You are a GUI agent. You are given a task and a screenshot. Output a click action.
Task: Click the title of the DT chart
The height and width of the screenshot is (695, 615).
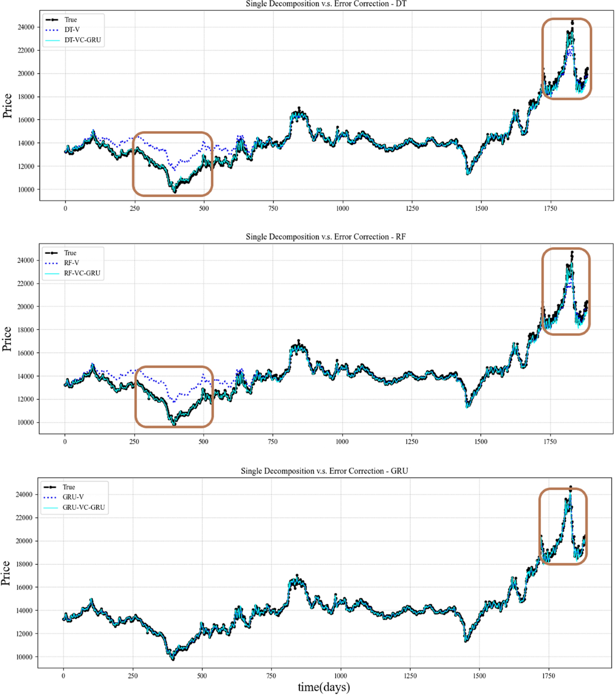tap(326, 4)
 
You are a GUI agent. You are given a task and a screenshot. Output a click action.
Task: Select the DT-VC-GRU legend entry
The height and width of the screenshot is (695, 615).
tap(82, 40)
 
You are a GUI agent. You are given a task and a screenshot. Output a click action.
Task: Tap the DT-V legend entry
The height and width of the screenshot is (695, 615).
tap(72, 30)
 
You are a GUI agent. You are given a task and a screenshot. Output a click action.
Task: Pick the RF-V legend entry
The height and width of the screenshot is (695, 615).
tap(71, 263)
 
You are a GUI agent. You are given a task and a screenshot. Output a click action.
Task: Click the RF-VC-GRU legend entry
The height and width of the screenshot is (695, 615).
tap(81, 273)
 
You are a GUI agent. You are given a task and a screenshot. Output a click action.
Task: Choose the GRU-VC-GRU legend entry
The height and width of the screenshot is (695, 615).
tap(84, 507)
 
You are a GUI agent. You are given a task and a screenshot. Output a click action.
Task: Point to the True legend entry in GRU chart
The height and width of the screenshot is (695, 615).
tap(69, 487)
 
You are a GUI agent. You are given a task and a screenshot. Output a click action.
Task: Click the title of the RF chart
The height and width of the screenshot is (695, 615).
tap(325, 237)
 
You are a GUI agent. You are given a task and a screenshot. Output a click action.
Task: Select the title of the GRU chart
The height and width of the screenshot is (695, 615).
tap(324, 471)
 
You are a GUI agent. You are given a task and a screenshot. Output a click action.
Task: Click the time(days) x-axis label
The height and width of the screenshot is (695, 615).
tap(324, 687)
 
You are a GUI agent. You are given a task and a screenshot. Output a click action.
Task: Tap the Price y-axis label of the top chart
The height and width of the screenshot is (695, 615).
tap(7, 106)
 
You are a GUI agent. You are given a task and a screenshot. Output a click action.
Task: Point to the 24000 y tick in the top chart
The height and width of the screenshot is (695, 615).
tap(26, 27)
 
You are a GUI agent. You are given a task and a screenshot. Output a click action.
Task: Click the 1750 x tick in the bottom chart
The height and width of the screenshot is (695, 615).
tap(548, 676)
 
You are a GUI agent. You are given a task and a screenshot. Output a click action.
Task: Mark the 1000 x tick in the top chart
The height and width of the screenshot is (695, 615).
tap(342, 209)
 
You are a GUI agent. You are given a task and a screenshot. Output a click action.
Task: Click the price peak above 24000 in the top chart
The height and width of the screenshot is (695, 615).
tap(572, 22)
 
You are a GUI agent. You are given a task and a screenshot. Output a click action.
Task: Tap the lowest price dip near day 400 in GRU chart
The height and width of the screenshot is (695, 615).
tap(173, 659)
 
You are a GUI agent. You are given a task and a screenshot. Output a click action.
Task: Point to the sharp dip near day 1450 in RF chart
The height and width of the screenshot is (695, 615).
tap(467, 406)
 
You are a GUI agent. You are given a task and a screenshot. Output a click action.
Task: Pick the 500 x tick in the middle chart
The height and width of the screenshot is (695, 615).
tap(203, 442)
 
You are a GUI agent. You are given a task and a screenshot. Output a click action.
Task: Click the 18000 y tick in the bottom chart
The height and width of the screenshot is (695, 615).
tap(24, 564)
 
